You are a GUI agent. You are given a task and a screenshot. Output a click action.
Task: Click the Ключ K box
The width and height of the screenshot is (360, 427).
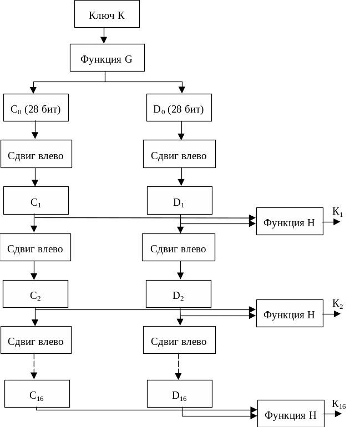tap(107, 15)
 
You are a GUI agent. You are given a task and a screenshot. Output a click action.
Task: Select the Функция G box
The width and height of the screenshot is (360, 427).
tap(107, 58)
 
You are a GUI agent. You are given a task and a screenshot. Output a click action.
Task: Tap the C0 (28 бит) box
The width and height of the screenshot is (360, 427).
tap(36, 109)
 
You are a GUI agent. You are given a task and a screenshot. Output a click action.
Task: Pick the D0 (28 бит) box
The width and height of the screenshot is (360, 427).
tap(179, 109)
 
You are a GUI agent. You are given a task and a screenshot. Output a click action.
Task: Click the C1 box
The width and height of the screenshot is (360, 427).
tap(36, 201)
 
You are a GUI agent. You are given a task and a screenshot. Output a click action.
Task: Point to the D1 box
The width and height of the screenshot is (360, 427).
tap(179, 201)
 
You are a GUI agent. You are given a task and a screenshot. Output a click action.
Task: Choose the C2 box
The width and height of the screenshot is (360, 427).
tap(35, 294)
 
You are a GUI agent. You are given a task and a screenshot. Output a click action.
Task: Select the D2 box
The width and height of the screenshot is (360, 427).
tap(178, 294)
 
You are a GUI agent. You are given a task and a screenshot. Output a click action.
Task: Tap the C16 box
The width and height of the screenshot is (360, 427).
tap(37, 394)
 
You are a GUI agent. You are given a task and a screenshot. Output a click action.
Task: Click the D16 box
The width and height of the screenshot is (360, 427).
tap(179, 394)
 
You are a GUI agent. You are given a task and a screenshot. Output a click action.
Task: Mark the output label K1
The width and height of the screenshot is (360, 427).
tap(338, 212)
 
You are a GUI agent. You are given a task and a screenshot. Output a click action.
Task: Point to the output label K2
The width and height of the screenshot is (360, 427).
tap(338, 304)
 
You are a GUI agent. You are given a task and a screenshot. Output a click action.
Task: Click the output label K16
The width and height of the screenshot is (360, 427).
tap(339, 404)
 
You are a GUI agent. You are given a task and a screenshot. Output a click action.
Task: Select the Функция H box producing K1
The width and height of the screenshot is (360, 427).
tap(290, 222)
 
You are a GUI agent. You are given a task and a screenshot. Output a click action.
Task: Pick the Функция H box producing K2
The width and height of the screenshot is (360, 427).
tap(290, 314)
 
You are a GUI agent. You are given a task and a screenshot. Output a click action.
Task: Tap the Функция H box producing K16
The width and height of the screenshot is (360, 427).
tap(291, 414)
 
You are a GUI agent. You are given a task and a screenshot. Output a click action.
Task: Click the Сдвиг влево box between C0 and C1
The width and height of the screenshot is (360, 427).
tap(36, 155)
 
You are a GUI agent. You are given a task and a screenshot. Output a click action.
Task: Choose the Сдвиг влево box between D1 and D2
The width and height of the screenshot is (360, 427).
tap(178, 248)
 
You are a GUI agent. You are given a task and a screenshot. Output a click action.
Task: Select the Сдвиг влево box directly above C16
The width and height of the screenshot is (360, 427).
tap(36, 340)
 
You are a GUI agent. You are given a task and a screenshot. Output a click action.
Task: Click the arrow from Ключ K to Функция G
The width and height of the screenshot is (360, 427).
tap(104, 36)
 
